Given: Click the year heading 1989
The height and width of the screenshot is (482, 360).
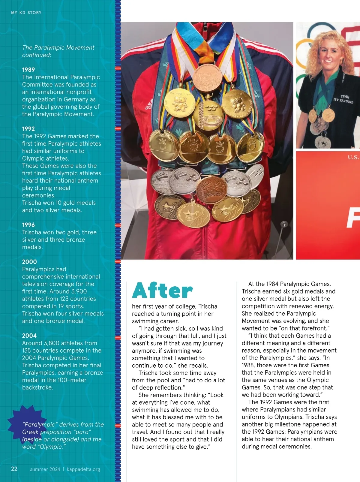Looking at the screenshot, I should coord(28,70).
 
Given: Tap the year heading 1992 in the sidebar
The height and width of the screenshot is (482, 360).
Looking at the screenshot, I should coord(28,129).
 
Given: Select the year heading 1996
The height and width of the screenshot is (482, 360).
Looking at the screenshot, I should coord(28,225).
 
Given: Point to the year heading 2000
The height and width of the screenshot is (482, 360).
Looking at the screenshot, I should coord(29,262).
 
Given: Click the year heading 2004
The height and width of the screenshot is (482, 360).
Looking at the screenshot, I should coord(29,336).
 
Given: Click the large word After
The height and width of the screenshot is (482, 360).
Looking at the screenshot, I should coord(162,291).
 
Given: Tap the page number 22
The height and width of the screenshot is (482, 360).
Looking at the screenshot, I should coord(14,469).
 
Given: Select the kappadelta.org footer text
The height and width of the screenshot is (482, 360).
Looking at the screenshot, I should coord(83,469).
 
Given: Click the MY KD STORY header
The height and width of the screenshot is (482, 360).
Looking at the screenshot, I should coord(26,13).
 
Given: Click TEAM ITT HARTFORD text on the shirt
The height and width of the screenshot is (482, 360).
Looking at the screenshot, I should coord(344,99).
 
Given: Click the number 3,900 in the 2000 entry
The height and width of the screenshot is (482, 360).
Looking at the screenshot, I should coord(77,291).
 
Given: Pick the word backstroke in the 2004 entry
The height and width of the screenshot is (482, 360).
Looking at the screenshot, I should coord(37,387).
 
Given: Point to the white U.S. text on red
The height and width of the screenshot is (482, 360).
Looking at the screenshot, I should coord(353,157).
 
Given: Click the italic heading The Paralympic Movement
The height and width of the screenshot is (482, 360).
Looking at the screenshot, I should coord(58,48).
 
